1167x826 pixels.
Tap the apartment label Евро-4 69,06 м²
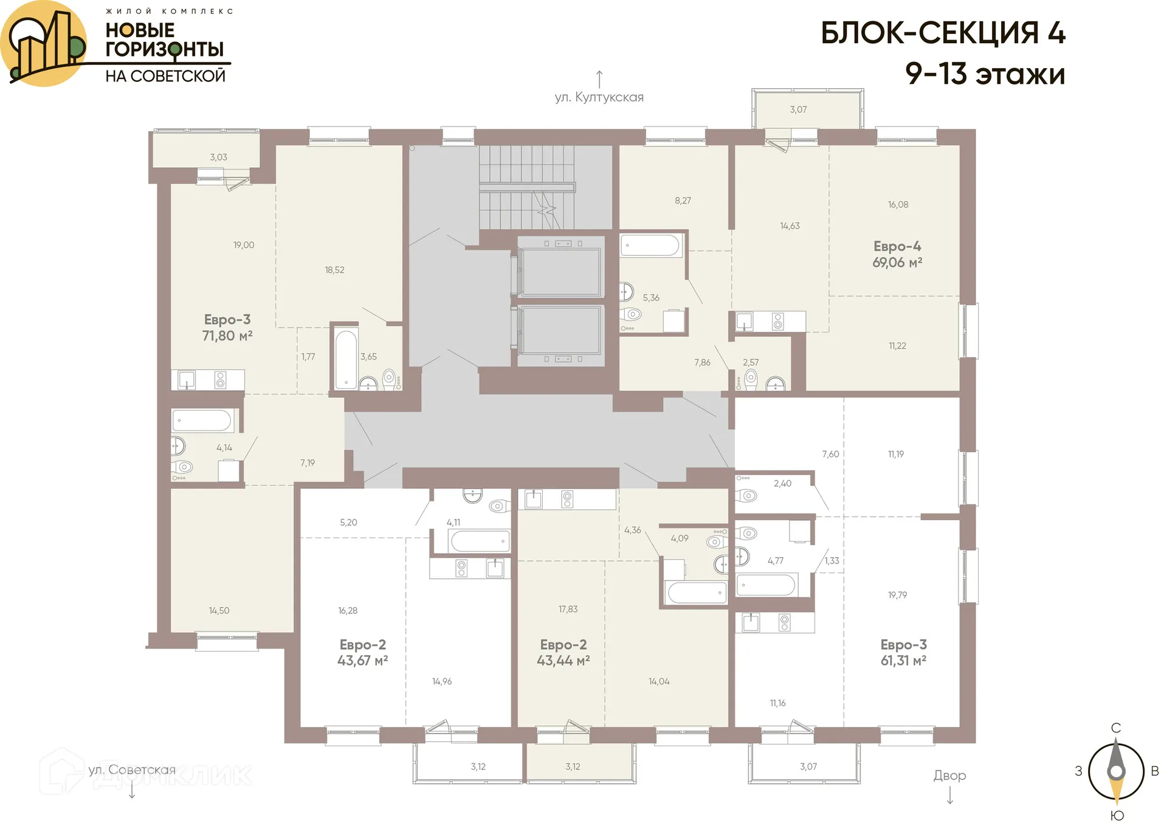(x=897, y=255)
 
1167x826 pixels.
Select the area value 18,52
(x=334, y=270)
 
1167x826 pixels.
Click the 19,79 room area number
(x=897, y=595)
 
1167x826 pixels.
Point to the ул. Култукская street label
(x=599, y=97)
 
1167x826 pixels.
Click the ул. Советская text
(x=132, y=770)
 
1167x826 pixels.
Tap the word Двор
(x=949, y=776)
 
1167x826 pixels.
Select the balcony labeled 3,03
(x=218, y=157)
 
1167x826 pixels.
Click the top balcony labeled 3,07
(x=798, y=109)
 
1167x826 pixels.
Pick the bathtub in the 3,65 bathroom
(x=346, y=359)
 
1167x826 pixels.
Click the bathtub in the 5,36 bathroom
(x=650, y=246)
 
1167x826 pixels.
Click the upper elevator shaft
(x=560, y=272)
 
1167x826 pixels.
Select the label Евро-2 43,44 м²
(x=563, y=653)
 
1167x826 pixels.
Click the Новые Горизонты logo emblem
(x=44, y=44)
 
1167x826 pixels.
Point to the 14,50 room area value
(x=219, y=611)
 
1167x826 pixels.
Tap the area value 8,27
(x=683, y=201)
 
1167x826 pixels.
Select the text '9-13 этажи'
(x=985, y=74)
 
